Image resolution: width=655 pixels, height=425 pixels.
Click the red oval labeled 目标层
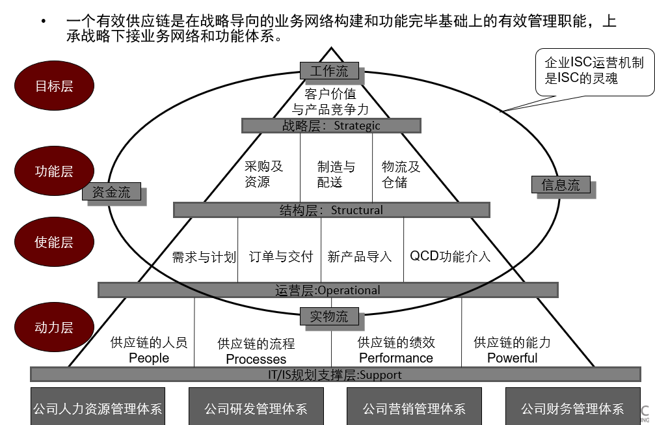(x=54, y=85)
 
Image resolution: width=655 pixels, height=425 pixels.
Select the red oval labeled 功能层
(x=54, y=171)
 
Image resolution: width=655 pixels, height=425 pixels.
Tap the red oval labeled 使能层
(x=54, y=242)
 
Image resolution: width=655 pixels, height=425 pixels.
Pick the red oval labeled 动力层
(x=54, y=327)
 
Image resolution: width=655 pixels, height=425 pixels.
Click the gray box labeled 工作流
(x=328, y=70)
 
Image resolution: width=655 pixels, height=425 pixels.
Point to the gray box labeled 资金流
(x=111, y=191)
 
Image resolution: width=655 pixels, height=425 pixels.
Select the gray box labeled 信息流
(x=561, y=184)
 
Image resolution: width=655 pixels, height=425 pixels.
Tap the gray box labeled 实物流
(x=328, y=316)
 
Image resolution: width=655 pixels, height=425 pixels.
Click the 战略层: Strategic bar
(x=331, y=125)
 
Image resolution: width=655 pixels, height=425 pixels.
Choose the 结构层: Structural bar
(x=331, y=210)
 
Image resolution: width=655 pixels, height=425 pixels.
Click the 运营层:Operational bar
(x=328, y=290)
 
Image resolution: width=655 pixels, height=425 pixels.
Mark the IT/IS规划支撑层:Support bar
(x=335, y=374)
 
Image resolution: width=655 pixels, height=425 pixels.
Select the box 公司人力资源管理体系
(x=98, y=408)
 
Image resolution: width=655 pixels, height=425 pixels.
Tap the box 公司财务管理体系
(x=572, y=408)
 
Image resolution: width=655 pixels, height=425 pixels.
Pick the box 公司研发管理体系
(x=256, y=408)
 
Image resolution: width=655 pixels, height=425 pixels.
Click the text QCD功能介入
(x=449, y=256)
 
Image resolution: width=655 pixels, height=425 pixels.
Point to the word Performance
(x=395, y=357)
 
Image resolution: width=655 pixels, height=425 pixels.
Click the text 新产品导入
(x=360, y=256)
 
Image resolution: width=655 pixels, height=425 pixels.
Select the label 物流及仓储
(x=401, y=174)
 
